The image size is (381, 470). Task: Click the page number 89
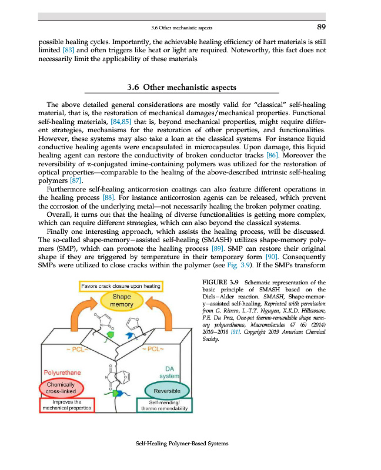pyautogui.click(x=321, y=26)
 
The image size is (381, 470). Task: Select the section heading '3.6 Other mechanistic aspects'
pyautogui.click(x=182, y=88)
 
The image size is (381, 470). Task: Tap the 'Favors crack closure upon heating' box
pyautogui.click(x=121, y=286)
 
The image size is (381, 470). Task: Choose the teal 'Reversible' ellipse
pyautogui.click(x=166, y=390)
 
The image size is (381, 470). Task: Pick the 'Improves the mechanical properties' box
pyautogui.click(x=65, y=405)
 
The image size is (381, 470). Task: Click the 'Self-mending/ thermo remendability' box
pyautogui.click(x=165, y=405)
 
